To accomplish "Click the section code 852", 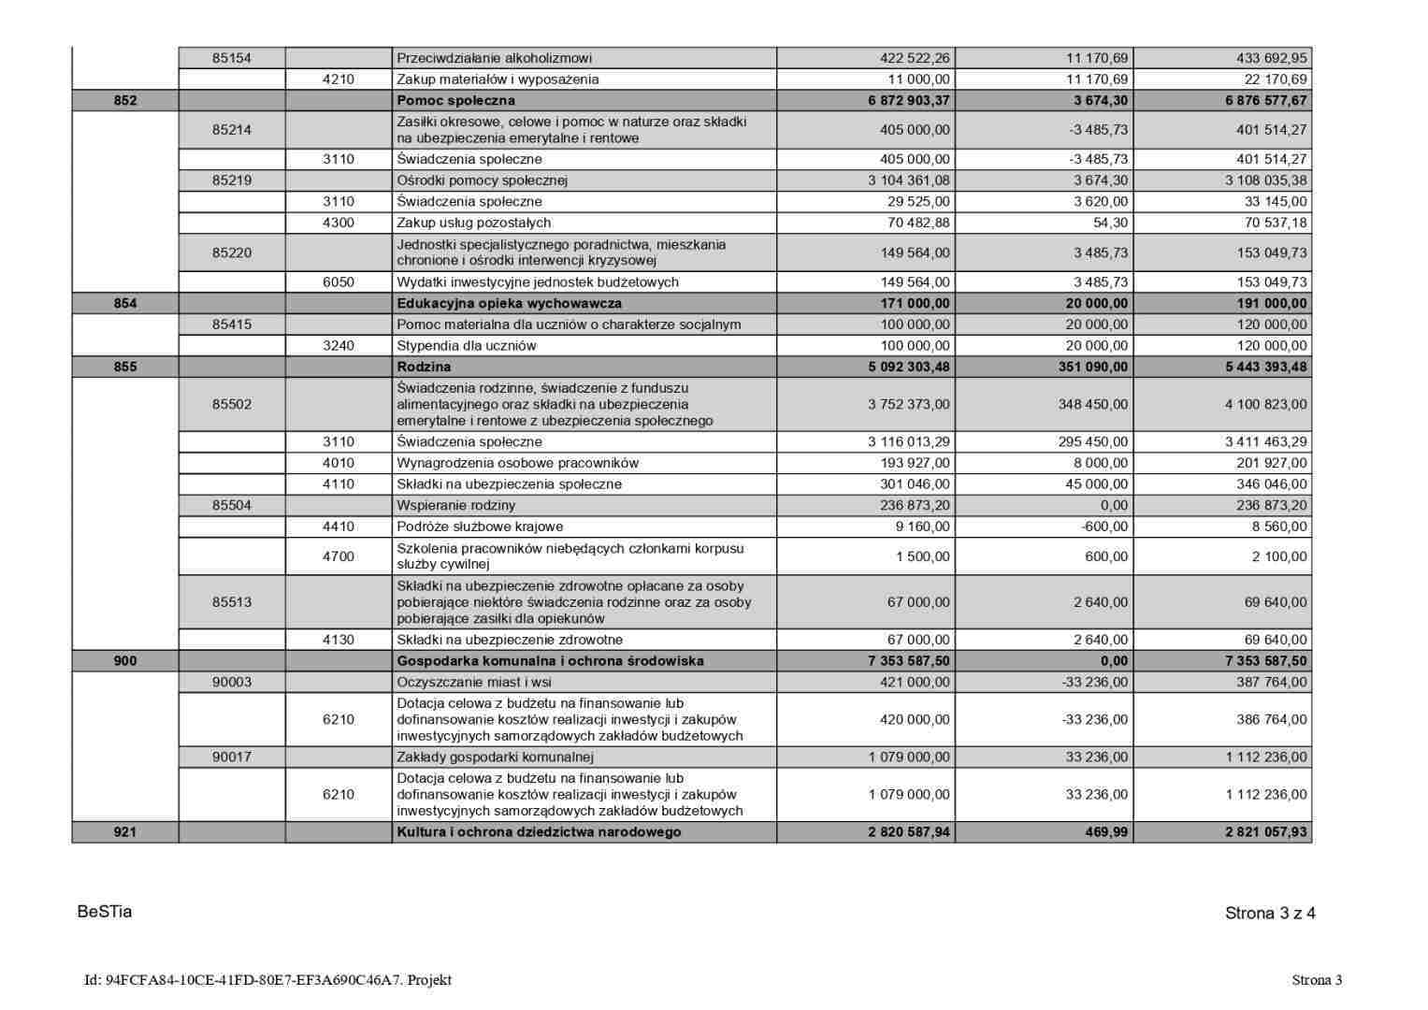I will coord(125,100).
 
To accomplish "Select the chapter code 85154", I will coord(232,58).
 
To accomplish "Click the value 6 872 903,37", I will coord(908,100).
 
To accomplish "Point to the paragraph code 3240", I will coord(339,345).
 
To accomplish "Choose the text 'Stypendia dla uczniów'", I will coord(467,345).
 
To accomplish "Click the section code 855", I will coord(125,367).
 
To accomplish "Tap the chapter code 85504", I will coord(232,505).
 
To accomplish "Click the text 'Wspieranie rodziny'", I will coord(455,505).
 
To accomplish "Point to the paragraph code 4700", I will coord(339,556).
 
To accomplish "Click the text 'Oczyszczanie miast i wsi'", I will coord(473,682).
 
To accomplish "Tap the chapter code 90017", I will coord(232,757).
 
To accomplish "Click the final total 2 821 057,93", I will coord(1266,832).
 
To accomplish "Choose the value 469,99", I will coord(1106,832).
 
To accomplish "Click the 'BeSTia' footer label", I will coord(105,912).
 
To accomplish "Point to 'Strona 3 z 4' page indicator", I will coord(1270,914).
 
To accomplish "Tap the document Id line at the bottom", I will coord(268,980).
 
